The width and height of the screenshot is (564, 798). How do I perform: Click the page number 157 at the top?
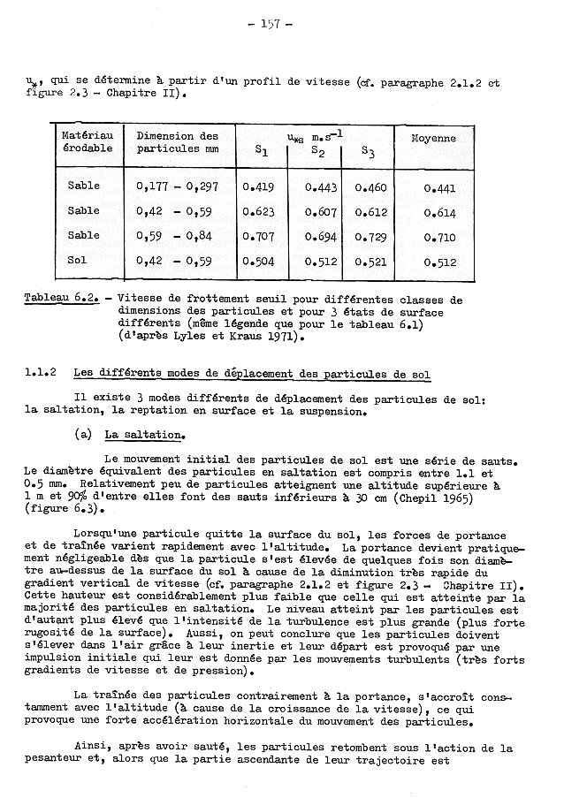pyautogui.click(x=283, y=24)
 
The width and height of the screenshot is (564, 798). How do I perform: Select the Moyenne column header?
pyautogui.click(x=433, y=139)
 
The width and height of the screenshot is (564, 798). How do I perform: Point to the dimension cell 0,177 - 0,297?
pyautogui.click(x=178, y=186)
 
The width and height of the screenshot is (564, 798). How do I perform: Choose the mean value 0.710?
pyautogui.click(x=439, y=239)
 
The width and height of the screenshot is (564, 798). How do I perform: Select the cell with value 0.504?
pyautogui.click(x=258, y=262)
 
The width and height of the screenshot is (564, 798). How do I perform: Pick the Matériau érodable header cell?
pyautogui.click(x=87, y=142)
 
